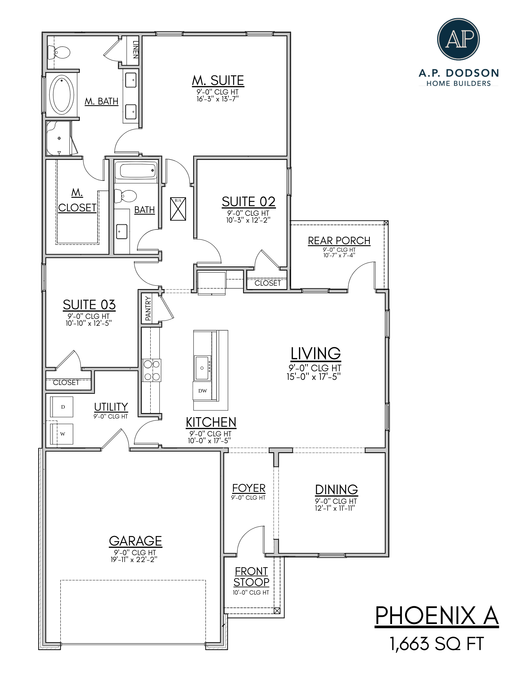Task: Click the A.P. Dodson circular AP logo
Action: pyautogui.click(x=458, y=39)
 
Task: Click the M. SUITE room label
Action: pyautogui.click(x=218, y=80)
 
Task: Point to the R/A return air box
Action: pyautogui.click(x=178, y=209)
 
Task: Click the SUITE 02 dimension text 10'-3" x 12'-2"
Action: pyautogui.click(x=248, y=220)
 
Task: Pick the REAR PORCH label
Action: pyautogui.click(x=339, y=241)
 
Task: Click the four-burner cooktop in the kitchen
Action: pyautogui.click(x=152, y=370)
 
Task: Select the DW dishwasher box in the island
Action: pyautogui.click(x=203, y=391)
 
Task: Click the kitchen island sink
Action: pyautogui.click(x=202, y=368)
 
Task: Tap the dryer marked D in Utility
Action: pyautogui.click(x=62, y=407)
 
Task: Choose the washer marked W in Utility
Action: pyautogui.click(x=62, y=434)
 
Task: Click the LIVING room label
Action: pyautogui.click(x=315, y=353)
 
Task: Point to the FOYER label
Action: pyautogui.click(x=249, y=488)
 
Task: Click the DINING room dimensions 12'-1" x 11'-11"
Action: pyautogui.click(x=335, y=508)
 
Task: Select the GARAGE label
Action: pyautogui.click(x=135, y=541)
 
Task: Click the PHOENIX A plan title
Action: pyautogui.click(x=436, y=616)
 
